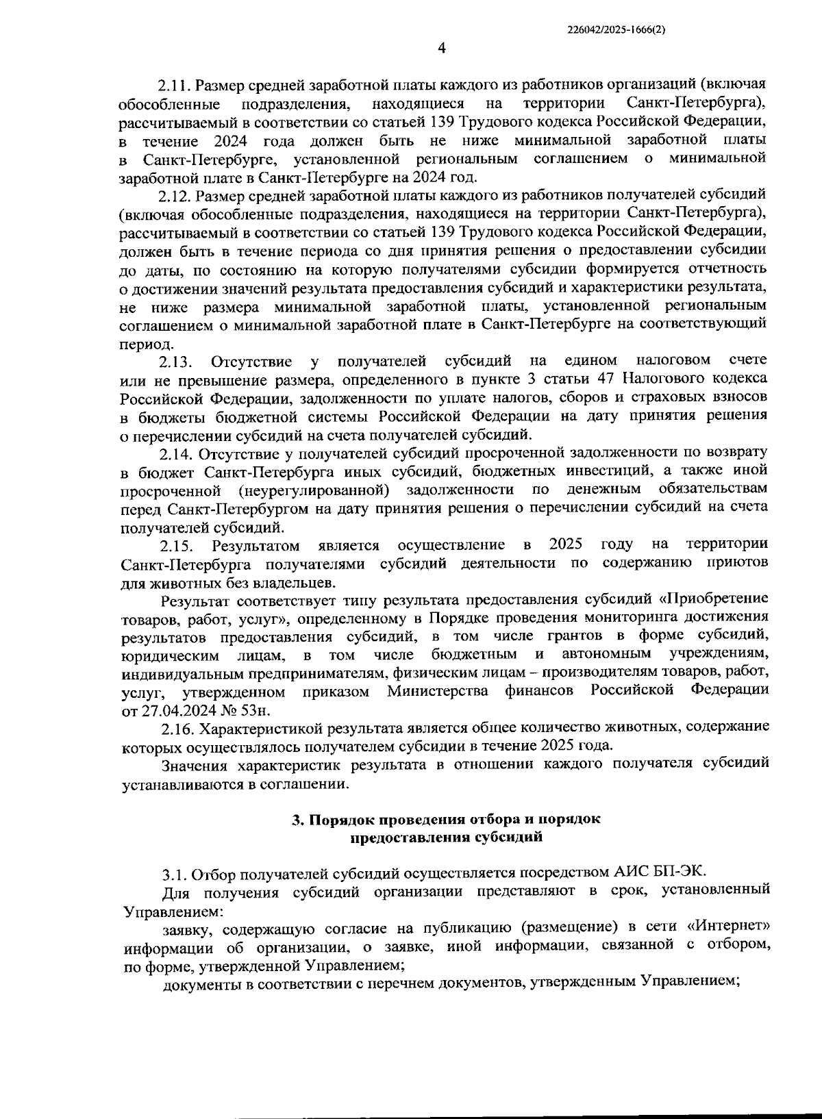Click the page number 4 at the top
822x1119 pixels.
tap(441, 47)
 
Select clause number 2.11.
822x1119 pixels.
tap(175, 85)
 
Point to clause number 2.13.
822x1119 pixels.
tap(176, 361)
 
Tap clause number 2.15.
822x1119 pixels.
tap(177, 546)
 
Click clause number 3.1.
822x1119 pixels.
tap(175, 875)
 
